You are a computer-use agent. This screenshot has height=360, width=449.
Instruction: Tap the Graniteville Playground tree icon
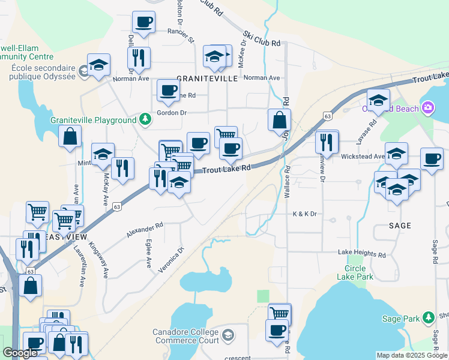pyautogui.click(x=145, y=120)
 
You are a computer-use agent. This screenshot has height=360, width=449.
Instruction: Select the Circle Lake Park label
pyautogui.click(x=359, y=272)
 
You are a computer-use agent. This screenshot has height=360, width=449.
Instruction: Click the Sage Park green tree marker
pyautogui.click(x=428, y=317)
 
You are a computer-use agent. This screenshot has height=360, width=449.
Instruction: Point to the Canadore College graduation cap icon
pyautogui.click(x=228, y=334)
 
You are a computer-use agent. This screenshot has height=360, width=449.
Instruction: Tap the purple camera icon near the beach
pyautogui.click(x=427, y=109)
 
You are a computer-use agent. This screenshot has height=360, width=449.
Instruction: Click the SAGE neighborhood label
pyautogui.click(x=400, y=226)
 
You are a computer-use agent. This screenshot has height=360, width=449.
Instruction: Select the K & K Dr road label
pyautogui.click(x=304, y=214)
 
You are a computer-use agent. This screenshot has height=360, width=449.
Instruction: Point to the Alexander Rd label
pyautogui.click(x=145, y=230)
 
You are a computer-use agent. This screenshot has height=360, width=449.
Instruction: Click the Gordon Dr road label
pyautogui.click(x=172, y=113)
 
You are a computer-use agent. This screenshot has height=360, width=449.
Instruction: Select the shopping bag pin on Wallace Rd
pyautogui.click(x=279, y=120)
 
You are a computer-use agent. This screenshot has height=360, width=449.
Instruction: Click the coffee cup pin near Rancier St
pyautogui.click(x=143, y=23)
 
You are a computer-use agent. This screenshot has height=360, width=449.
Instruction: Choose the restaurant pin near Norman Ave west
pyautogui.click(x=139, y=58)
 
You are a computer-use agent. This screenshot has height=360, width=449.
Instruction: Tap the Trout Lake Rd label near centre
pyautogui.click(x=226, y=170)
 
